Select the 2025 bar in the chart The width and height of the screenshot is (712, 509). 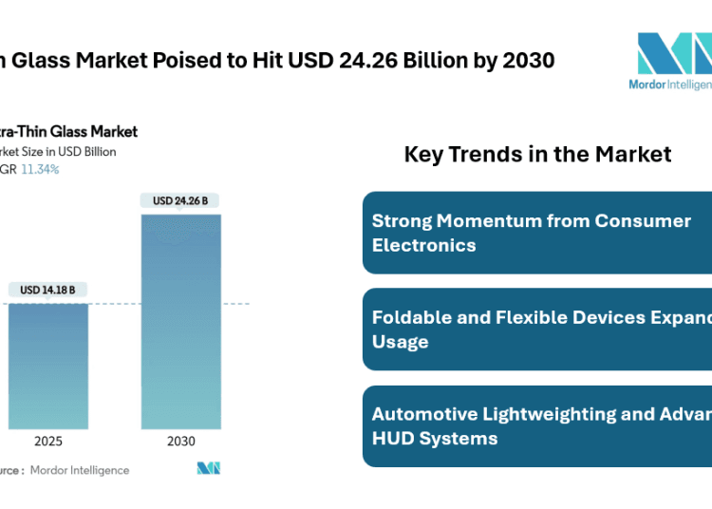click(x=47, y=366)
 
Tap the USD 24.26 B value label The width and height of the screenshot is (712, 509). click(x=180, y=200)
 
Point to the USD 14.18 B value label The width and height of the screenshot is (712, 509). click(x=47, y=290)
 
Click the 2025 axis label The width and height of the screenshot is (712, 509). click(x=47, y=442)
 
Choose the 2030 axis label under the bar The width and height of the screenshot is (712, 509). click(x=180, y=442)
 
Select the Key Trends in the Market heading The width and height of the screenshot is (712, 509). click(x=537, y=154)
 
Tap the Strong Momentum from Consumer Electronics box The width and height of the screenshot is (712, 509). click(x=537, y=233)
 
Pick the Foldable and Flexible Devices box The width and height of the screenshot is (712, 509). click(x=537, y=330)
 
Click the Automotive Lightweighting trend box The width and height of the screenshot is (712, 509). click(x=537, y=426)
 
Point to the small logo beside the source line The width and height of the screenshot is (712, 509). click(x=209, y=468)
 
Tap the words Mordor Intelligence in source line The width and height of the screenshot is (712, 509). click(x=80, y=470)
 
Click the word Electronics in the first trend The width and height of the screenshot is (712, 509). click(x=424, y=244)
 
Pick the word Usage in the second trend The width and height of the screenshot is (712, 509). click(x=400, y=341)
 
